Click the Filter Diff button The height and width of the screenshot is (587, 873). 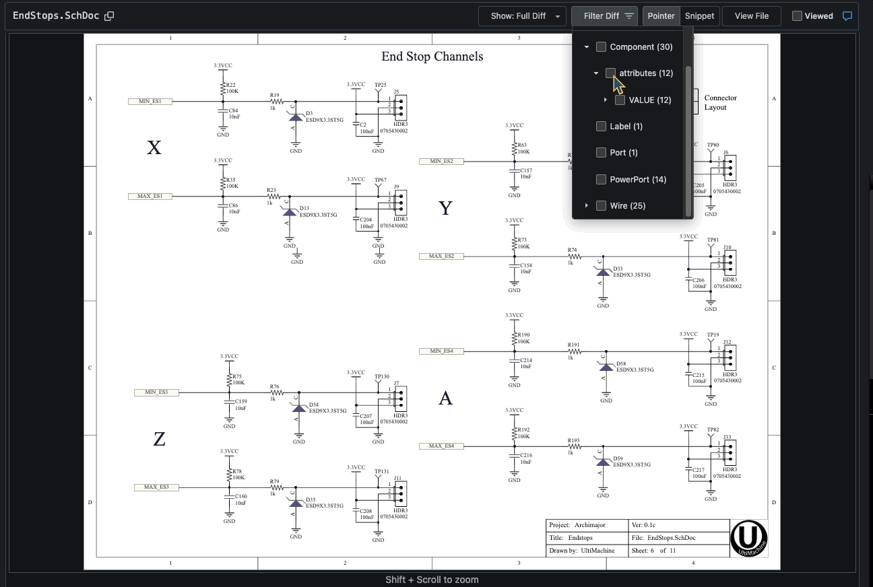point(604,16)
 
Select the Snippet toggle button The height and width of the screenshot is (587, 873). point(699,16)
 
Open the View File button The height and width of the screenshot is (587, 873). point(751,16)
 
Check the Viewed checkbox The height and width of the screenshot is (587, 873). point(797,16)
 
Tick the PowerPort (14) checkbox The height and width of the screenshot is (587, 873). point(601,179)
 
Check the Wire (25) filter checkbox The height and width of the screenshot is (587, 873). point(601,205)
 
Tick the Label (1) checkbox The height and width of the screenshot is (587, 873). point(601,126)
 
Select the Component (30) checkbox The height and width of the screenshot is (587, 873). point(601,47)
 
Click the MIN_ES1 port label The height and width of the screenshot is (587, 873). point(150,102)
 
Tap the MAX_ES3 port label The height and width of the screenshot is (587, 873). point(156,487)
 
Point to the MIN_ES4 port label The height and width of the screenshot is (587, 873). point(441,351)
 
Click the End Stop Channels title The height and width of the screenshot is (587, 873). point(432,57)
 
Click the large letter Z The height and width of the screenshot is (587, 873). point(159,440)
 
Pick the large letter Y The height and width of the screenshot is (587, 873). point(445,209)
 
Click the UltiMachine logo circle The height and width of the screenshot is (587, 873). point(748,537)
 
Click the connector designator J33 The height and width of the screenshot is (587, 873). point(727,437)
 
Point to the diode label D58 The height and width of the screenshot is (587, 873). point(620,364)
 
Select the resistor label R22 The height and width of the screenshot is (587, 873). point(230,85)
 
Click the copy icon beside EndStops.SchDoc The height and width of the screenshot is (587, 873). point(109,16)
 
